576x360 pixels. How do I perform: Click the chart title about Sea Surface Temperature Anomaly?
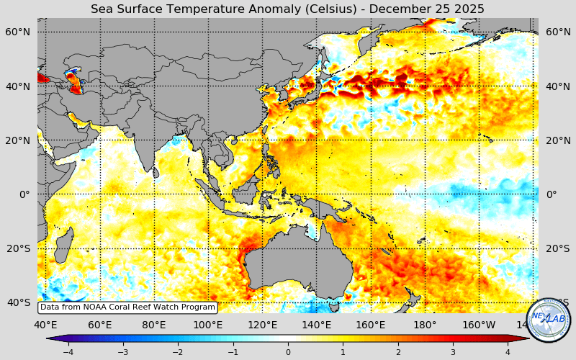pyautogui.click(x=287, y=9)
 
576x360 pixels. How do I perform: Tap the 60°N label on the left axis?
pyautogui.click(x=19, y=32)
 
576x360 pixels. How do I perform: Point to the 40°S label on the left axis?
pyautogui.click(x=19, y=302)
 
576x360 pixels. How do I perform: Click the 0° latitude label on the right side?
pyautogui.click(x=552, y=194)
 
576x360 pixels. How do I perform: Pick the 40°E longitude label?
pyautogui.click(x=45, y=324)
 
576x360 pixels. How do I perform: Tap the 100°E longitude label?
pyautogui.click(x=207, y=324)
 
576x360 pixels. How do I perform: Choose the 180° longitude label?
pyautogui.click(x=425, y=324)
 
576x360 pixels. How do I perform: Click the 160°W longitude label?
pyautogui.click(x=479, y=324)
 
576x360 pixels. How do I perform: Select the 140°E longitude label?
pyautogui.click(x=316, y=324)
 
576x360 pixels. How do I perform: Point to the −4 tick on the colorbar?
pyautogui.click(x=68, y=352)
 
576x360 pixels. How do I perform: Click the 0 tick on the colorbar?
pyautogui.click(x=288, y=352)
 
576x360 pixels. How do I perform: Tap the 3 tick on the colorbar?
pyautogui.click(x=454, y=352)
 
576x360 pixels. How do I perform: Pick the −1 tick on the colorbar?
pyautogui.click(x=233, y=352)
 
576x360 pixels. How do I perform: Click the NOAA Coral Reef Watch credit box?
pyautogui.click(x=127, y=307)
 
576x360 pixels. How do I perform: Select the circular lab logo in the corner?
pyautogui.click(x=549, y=319)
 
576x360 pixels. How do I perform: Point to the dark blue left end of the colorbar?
pyautogui.click(x=52, y=338)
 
